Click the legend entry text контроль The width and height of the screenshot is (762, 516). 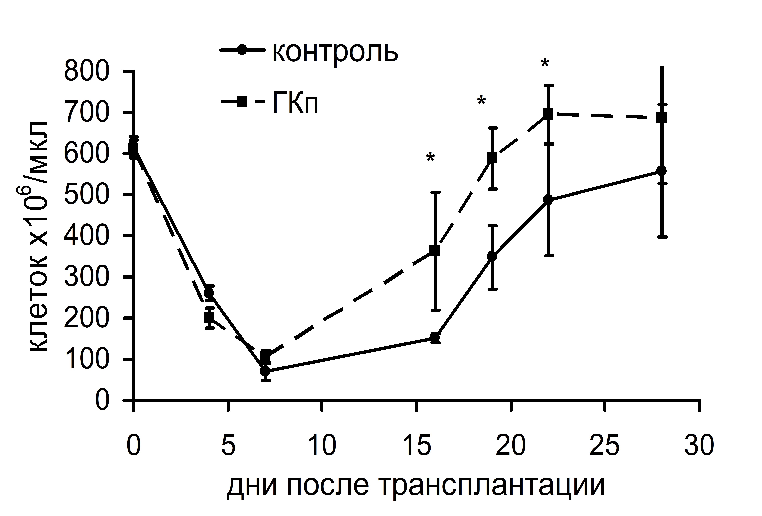(335, 52)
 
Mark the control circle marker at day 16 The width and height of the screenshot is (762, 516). (435, 337)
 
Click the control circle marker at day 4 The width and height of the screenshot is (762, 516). (209, 293)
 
